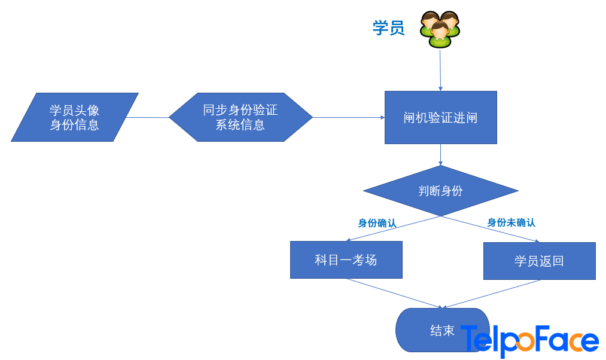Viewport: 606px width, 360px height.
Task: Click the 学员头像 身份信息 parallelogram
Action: (x=75, y=117)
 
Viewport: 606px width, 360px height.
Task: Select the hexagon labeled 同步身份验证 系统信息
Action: (x=240, y=117)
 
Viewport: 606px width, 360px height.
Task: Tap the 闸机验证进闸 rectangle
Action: (x=440, y=117)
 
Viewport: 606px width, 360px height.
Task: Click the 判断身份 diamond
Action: (x=440, y=191)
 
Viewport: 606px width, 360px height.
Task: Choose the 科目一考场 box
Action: (x=346, y=260)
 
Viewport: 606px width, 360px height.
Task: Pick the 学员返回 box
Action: (x=540, y=261)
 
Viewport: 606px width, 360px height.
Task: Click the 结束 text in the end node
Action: (x=443, y=331)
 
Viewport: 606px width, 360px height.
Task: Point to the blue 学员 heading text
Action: (x=389, y=28)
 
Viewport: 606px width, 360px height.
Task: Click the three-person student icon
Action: (x=440, y=29)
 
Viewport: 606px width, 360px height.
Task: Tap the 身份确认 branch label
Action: (x=377, y=223)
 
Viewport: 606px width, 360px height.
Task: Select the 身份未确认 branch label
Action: (x=511, y=223)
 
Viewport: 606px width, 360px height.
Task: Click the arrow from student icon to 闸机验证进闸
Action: (x=440, y=70)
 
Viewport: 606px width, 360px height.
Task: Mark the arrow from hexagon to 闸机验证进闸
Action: (x=349, y=117)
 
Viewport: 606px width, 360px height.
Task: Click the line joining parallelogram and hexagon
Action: (x=148, y=117)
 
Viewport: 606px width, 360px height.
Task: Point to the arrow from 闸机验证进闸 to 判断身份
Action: (x=440, y=155)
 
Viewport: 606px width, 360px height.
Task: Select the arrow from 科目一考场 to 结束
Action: (x=395, y=293)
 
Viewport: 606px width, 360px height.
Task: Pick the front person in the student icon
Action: (x=440, y=35)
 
